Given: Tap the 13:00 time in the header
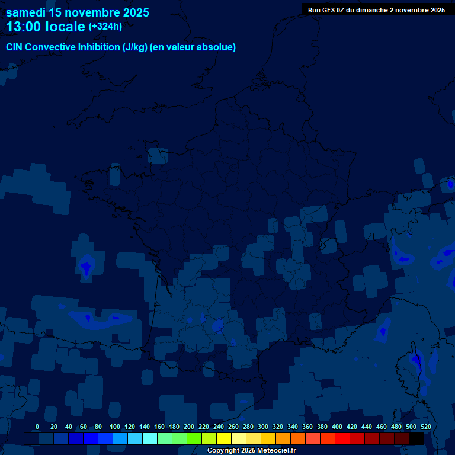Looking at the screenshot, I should coord(24,27).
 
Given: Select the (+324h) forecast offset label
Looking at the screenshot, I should coord(105,27).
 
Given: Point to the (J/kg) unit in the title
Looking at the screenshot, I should coord(136,47).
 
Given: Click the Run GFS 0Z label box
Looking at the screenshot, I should coord(376,10).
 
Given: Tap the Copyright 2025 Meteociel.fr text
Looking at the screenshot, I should coord(252,450).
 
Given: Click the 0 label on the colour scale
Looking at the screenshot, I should coord(37,427).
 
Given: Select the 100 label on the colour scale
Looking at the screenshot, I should coord(115,427).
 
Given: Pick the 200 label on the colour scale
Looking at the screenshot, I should coord(189,427).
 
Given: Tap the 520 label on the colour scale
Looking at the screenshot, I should coord(425,427).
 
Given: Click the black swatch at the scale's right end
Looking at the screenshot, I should coord(416,438).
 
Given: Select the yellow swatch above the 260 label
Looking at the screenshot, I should coord(224,438).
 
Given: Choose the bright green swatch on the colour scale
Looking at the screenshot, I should coord(194,438).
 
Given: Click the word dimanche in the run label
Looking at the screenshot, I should coord(375,10).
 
